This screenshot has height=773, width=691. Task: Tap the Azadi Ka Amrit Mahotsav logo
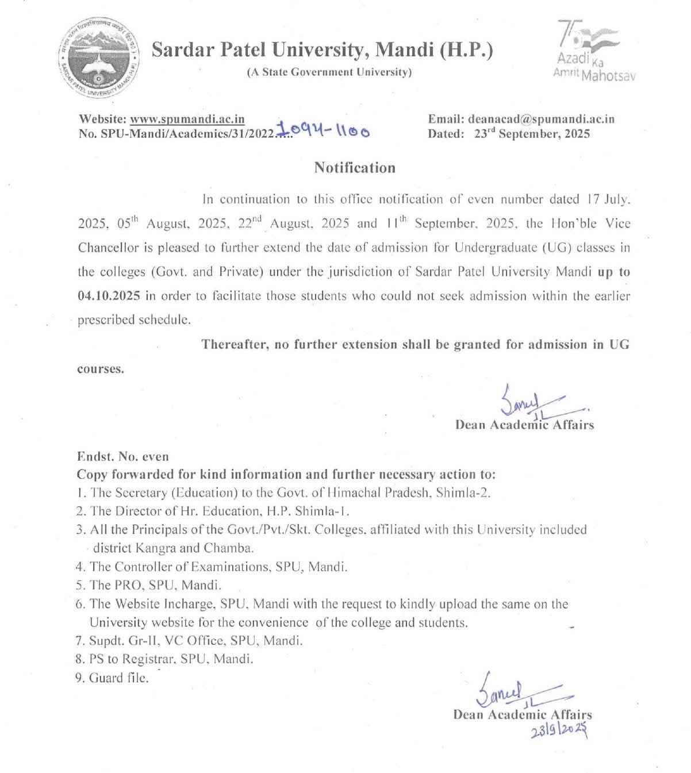tap(592, 52)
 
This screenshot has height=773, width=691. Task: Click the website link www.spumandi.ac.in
tap(187, 120)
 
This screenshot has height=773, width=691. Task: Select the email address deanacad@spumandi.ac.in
tap(542, 120)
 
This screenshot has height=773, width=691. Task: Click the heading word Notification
tap(355, 168)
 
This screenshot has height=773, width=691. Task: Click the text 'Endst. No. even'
tap(123, 457)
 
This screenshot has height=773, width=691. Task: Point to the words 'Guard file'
tap(119, 678)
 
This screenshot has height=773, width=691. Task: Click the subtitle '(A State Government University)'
tap(329, 72)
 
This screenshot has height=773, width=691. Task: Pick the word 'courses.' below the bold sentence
tap(101, 369)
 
